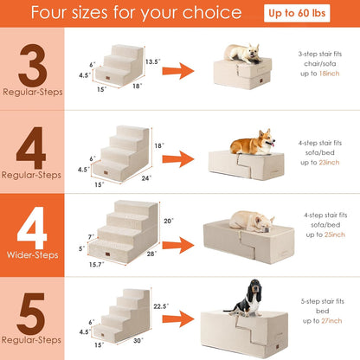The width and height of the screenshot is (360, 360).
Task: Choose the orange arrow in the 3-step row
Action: coord(184,73)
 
